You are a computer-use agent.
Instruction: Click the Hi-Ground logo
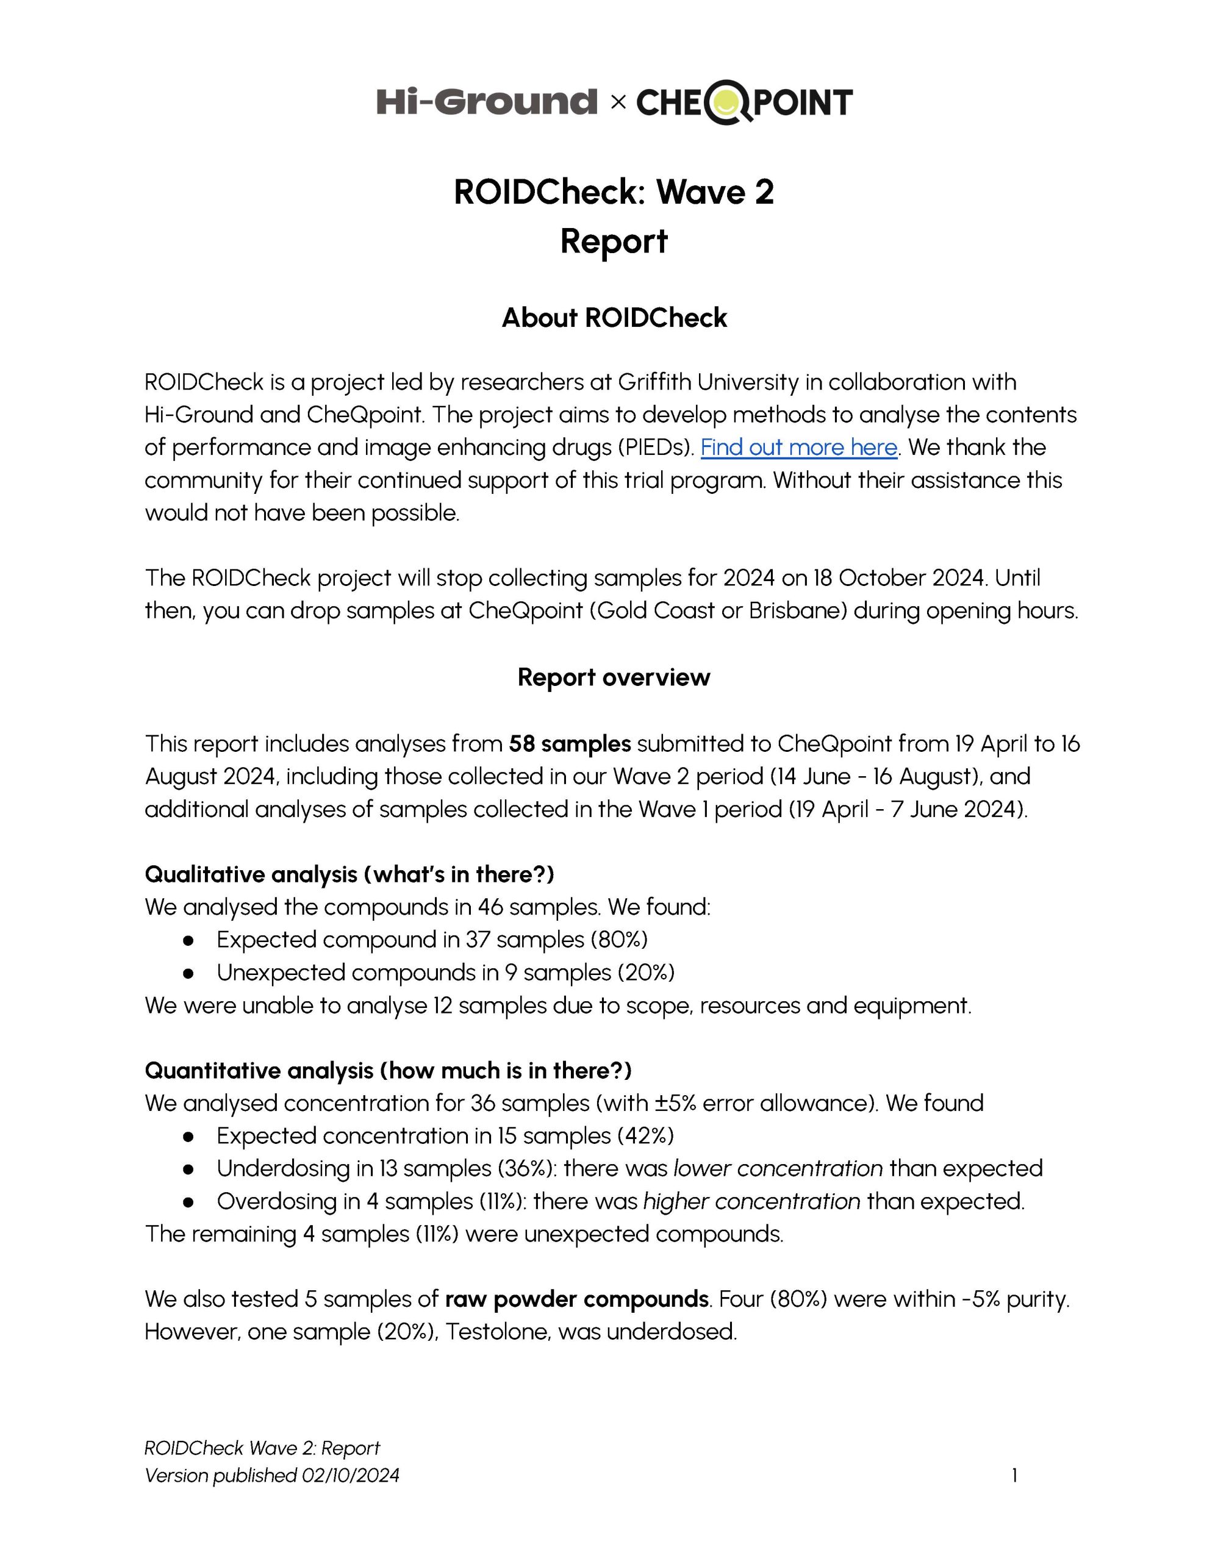[487, 101]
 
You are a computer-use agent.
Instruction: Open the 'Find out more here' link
[799, 448]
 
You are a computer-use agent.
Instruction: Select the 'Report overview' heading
[614, 677]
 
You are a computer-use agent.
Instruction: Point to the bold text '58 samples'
[569, 743]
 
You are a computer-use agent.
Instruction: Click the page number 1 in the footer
[1014, 1476]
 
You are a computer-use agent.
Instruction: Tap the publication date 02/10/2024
[351, 1476]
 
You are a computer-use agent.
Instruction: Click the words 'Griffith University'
[708, 382]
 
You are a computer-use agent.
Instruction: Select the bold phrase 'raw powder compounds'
[576, 1299]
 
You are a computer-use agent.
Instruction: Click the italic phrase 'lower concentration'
[778, 1168]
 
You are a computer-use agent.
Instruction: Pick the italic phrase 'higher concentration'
[751, 1201]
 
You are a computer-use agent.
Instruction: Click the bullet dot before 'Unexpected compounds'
[188, 973]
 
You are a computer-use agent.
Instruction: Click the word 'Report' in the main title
[614, 241]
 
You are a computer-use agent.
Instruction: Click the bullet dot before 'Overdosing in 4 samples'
[188, 1202]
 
